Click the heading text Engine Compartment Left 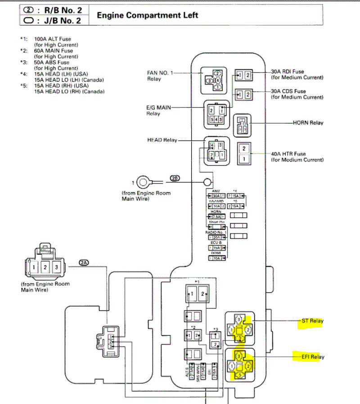[148, 15]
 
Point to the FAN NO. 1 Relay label [160, 75]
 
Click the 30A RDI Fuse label [297, 74]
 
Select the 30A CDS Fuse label [297, 94]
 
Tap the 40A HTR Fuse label [297, 157]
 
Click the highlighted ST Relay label [312, 321]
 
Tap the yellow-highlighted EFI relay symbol [240, 365]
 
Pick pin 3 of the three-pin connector [56, 267]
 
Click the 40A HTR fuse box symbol [243, 153]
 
